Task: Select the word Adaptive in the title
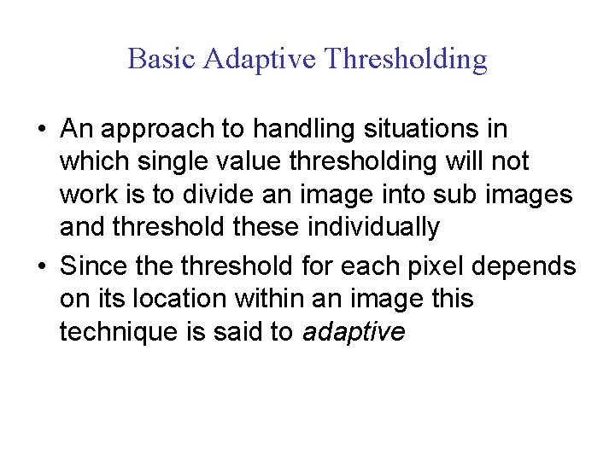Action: [x=260, y=60]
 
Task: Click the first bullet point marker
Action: [x=41, y=131]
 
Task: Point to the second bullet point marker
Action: [x=41, y=267]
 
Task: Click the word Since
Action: [x=92, y=266]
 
